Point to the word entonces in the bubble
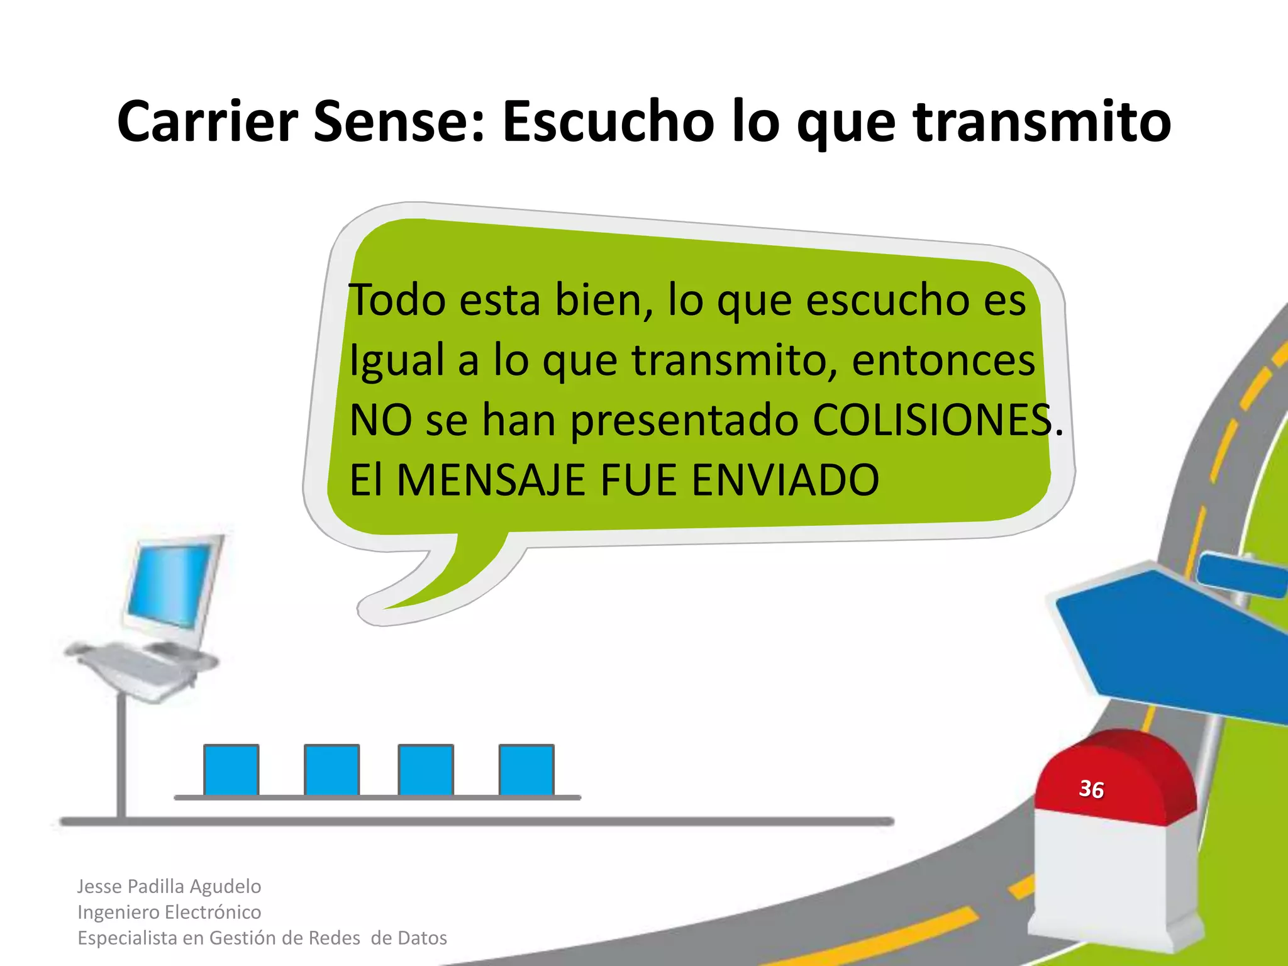point(943,360)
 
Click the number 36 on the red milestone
point(1092,789)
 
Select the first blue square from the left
point(231,770)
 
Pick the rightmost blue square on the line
point(526,770)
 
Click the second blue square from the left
point(331,770)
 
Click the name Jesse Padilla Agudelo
point(169,886)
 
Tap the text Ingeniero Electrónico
point(169,912)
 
